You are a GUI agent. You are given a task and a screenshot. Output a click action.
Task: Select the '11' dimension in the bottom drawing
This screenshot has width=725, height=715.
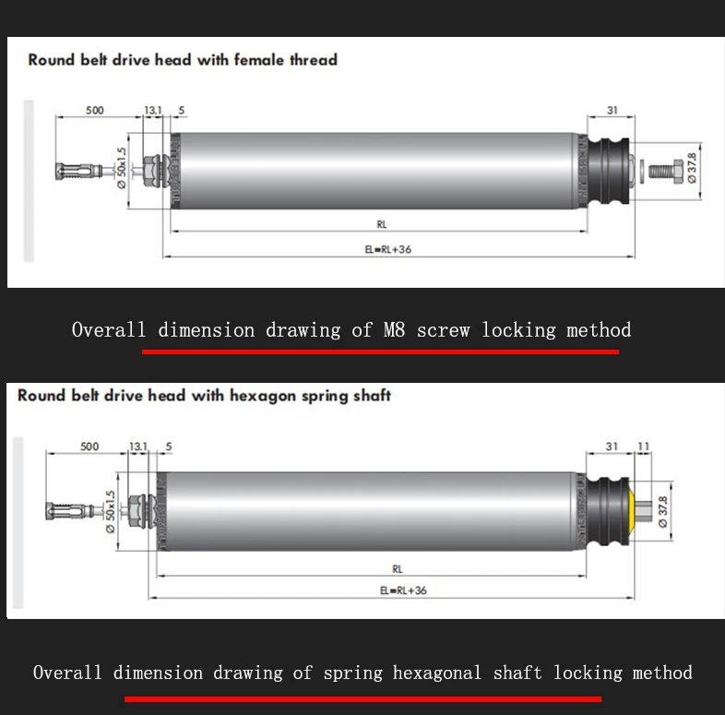[x=643, y=447]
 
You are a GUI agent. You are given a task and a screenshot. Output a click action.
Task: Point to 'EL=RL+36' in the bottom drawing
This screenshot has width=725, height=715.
[x=404, y=590]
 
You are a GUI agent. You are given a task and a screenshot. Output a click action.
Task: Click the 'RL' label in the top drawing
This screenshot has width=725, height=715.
[x=382, y=224]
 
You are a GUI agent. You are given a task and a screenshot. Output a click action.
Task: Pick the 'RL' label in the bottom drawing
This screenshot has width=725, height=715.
[x=398, y=569]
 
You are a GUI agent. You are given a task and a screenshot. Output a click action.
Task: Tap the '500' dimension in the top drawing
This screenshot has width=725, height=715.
[x=95, y=111]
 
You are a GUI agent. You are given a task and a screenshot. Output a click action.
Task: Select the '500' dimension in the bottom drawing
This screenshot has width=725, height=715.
[x=89, y=447]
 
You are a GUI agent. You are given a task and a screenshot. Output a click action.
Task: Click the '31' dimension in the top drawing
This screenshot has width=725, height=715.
[x=612, y=111]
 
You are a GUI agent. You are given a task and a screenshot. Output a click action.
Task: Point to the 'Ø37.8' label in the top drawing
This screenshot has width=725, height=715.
[x=692, y=170]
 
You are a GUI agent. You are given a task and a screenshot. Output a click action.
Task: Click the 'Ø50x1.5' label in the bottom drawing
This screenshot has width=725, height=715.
[x=110, y=511]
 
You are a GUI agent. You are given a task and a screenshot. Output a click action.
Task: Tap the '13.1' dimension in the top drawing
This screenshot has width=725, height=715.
[x=153, y=111]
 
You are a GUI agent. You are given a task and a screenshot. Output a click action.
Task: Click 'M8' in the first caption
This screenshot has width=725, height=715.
[x=395, y=330]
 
